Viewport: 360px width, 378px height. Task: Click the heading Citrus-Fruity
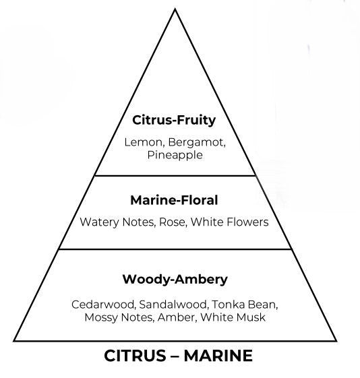(174, 121)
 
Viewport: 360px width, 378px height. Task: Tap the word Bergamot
(197, 143)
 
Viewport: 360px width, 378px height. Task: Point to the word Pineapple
(175, 155)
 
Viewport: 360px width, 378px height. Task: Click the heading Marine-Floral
(174, 200)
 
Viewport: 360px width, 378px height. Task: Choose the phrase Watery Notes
(117, 222)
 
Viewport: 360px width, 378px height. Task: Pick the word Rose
(173, 222)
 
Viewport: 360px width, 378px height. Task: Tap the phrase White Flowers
(230, 222)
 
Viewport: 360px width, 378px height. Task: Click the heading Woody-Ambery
(175, 280)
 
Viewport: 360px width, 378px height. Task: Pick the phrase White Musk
(233, 317)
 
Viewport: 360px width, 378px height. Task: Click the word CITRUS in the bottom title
(135, 356)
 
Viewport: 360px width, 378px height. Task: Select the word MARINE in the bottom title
(218, 356)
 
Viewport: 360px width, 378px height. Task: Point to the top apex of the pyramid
(175, 9)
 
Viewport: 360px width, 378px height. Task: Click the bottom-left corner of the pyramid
(14, 341)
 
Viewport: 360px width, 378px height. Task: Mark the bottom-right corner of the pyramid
(336, 341)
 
